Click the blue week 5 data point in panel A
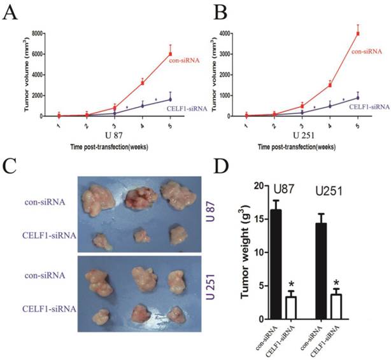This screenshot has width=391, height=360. [x=171, y=100]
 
